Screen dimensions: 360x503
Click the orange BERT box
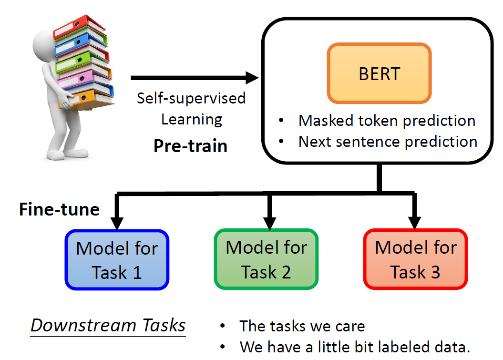(x=379, y=73)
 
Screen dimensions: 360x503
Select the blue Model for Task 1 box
(x=117, y=260)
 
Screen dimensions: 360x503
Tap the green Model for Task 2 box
(x=266, y=260)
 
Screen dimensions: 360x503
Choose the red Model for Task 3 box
(x=415, y=260)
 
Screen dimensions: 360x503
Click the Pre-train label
(x=190, y=145)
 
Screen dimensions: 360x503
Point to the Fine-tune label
(x=59, y=209)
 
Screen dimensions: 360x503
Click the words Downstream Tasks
(x=108, y=325)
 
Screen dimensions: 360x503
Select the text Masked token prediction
(x=387, y=121)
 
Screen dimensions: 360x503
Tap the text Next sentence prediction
(x=388, y=142)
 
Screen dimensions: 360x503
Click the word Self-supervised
(x=191, y=98)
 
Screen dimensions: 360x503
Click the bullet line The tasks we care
(x=302, y=327)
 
